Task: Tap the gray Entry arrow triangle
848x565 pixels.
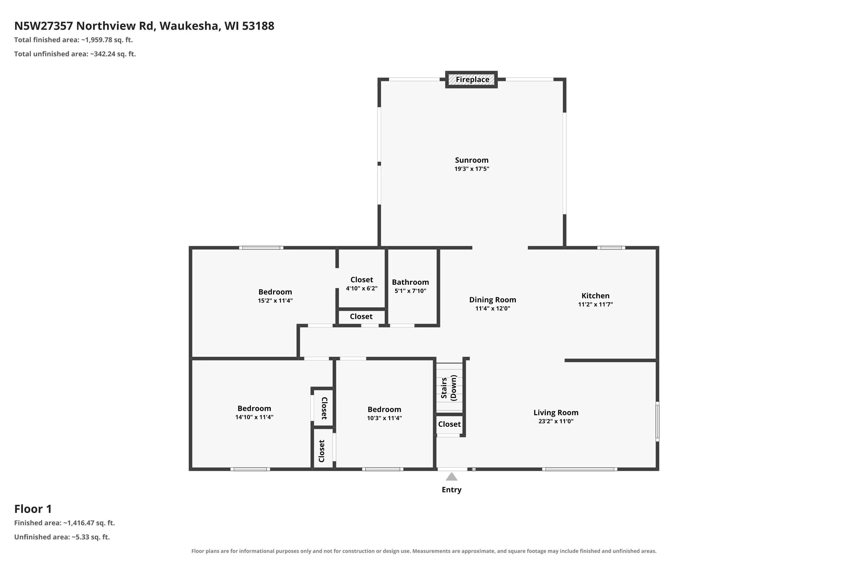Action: pos(451,477)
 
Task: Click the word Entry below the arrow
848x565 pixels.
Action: pos(452,490)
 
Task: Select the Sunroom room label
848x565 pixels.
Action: pos(471,160)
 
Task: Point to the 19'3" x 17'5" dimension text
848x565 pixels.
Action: pos(471,169)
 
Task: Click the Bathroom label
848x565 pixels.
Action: pos(410,282)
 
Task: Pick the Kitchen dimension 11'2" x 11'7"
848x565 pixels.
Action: pos(596,304)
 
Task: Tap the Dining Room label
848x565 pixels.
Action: pos(492,300)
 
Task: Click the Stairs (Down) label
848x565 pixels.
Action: pos(449,388)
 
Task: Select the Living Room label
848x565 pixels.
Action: pos(556,412)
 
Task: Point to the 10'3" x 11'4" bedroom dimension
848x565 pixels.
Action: pos(384,418)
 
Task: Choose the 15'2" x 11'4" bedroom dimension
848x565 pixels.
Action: pos(275,301)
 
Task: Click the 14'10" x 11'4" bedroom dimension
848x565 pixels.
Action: pos(254,417)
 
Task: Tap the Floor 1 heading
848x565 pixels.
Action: pos(33,509)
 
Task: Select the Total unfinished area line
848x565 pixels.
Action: pos(75,54)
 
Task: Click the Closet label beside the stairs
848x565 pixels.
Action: pos(449,424)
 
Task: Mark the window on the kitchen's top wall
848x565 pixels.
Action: pos(611,247)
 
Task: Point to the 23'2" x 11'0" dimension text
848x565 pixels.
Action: pos(556,421)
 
